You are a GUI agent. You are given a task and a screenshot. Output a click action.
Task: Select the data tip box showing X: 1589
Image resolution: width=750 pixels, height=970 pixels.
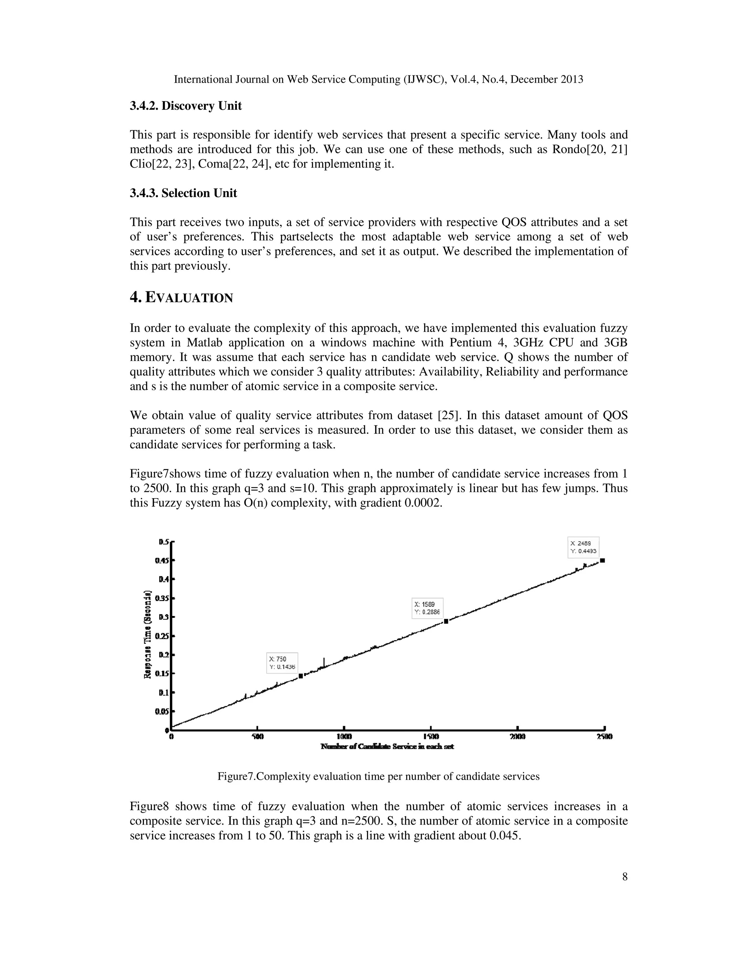point(427,608)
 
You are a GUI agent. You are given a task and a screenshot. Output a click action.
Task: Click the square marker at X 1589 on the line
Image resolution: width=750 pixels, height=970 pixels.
point(446,622)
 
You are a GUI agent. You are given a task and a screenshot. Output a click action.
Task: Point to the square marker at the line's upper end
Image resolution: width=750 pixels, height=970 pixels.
point(602,560)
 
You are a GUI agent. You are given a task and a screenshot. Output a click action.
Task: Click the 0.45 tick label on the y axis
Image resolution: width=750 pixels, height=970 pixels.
point(162,560)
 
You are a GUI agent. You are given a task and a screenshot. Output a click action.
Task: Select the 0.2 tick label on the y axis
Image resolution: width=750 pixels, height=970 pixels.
point(163,655)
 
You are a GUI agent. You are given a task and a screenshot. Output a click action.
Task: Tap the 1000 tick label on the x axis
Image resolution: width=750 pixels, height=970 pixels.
point(344,737)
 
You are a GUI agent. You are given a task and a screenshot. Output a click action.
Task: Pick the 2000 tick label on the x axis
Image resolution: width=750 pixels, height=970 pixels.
point(517,737)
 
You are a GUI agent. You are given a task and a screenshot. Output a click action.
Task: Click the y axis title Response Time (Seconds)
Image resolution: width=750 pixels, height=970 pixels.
point(148,634)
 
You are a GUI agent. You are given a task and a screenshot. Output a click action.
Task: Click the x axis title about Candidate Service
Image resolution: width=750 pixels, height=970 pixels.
point(387,747)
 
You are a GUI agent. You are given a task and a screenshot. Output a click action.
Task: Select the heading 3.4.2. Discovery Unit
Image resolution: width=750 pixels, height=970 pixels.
point(186,106)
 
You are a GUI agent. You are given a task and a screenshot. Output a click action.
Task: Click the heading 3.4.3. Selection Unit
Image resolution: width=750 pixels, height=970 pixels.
point(183,193)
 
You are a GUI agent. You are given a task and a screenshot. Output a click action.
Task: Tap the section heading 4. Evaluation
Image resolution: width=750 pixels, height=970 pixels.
point(181,298)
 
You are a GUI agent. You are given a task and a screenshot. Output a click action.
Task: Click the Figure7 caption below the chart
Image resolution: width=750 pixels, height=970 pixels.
point(378,776)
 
